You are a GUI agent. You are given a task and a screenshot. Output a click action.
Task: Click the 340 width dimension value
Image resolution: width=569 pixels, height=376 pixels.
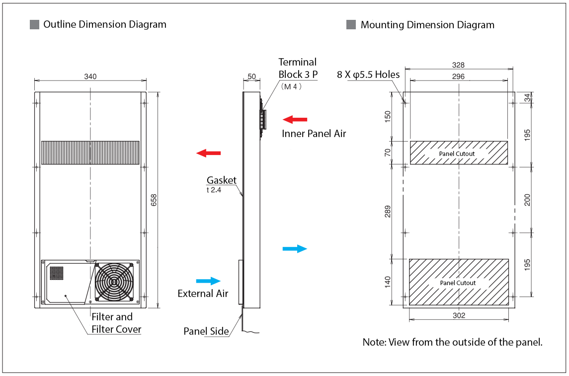[x=90, y=76]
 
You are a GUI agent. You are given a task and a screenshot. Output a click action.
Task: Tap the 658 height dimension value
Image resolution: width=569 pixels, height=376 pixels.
[x=154, y=200]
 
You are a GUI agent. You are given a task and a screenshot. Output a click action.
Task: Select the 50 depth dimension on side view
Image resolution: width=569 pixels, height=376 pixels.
[x=251, y=76]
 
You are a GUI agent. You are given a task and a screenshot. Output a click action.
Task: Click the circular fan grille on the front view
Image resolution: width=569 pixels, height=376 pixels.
[x=114, y=282]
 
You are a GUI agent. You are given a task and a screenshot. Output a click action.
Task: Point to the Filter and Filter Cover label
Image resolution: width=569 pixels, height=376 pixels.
[x=112, y=323]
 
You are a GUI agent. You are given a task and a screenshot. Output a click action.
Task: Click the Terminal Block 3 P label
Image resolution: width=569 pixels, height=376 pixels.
[x=297, y=68]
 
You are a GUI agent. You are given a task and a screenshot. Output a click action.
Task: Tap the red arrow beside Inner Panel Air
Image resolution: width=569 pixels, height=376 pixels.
[x=295, y=119]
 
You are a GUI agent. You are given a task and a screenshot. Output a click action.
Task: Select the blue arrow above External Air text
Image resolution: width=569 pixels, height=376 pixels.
[x=208, y=281]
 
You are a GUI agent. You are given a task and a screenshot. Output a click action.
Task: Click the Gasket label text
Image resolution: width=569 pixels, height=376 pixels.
[x=222, y=180]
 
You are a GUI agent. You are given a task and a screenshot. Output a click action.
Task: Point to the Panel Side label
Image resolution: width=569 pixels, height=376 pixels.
[x=206, y=331]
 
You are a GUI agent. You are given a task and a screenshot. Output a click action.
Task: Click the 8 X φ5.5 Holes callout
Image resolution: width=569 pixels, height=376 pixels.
[x=368, y=75]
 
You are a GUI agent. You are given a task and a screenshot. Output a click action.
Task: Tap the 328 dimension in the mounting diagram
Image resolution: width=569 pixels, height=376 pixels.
[x=458, y=65]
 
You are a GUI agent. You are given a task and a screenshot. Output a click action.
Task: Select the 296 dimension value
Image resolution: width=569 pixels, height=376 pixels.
[x=458, y=76]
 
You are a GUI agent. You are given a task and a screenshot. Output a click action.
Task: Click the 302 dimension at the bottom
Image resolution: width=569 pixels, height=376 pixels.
[x=459, y=315]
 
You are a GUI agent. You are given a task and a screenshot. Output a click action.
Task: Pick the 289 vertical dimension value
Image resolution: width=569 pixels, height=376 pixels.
[x=388, y=211]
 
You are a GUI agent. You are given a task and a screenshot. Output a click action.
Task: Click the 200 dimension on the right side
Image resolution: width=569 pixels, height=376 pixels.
[x=528, y=200]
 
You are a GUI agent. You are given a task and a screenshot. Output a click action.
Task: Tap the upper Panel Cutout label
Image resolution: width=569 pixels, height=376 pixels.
[x=457, y=154]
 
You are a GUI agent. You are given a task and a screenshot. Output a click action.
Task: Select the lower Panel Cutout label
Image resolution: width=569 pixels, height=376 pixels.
[x=458, y=283]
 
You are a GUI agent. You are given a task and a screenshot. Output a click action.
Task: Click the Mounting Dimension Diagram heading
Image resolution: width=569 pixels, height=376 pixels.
[x=427, y=25]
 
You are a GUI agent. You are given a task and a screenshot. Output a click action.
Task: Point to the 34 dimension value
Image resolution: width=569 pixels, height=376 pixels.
[x=528, y=98]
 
